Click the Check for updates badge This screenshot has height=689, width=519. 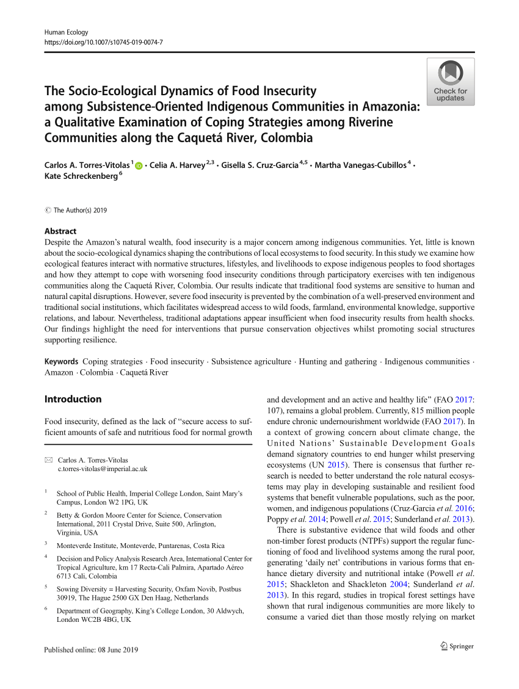[450, 82]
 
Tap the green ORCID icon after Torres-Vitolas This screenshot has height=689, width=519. [139, 165]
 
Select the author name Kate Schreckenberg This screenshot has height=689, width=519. [81, 176]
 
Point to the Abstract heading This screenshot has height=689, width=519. [60, 231]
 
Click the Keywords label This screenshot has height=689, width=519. [61, 361]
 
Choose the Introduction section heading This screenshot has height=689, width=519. [73, 399]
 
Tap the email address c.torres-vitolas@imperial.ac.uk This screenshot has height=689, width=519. [102, 469]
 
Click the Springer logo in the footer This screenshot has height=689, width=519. [457, 646]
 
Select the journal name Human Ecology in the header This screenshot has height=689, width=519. [67, 32]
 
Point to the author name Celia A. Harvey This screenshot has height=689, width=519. [177, 165]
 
